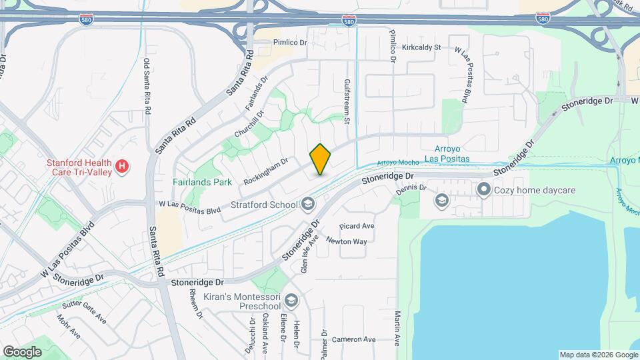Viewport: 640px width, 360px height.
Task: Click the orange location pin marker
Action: click(x=321, y=159)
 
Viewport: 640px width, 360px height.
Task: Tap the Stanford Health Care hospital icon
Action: click(x=122, y=167)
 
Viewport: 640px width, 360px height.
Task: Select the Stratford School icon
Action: click(x=308, y=203)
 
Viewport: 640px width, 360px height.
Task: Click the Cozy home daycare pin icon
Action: click(x=485, y=190)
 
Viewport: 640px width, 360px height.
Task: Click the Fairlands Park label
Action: click(x=202, y=181)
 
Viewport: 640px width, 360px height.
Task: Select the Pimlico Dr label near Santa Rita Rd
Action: click(x=289, y=42)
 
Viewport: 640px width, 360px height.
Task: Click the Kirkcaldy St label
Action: click(x=423, y=47)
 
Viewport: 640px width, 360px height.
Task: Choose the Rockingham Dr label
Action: click(x=265, y=171)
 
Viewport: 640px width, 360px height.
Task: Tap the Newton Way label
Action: click(x=347, y=242)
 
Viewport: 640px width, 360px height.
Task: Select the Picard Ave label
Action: click(x=357, y=226)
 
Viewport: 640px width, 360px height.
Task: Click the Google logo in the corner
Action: click(x=22, y=351)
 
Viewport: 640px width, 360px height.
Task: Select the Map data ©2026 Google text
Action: click(x=598, y=355)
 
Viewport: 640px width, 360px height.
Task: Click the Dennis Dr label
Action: click(x=411, y=188)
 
